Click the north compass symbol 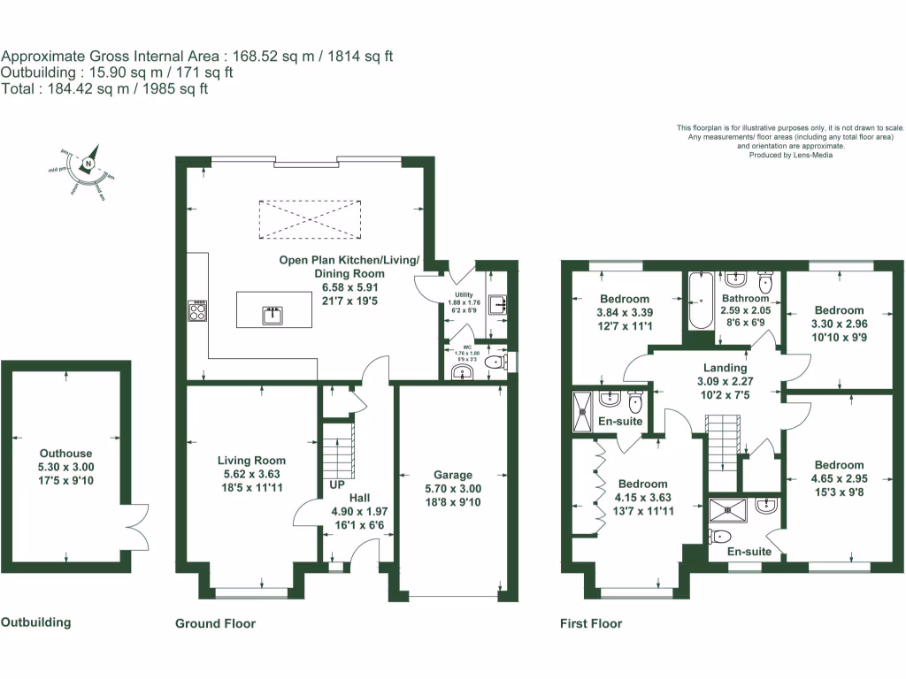(x=88, y=164)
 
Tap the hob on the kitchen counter (x=196, y=309)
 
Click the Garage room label (x=452, y=475)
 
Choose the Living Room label (x=252, y=461)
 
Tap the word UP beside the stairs (x=336, y=486)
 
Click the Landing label (x=725, y=368)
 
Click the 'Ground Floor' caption (x=215, y=623)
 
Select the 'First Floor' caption (x=591, y=623)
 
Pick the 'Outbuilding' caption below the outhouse (x=35, y=622)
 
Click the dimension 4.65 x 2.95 (x=839, y=478)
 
